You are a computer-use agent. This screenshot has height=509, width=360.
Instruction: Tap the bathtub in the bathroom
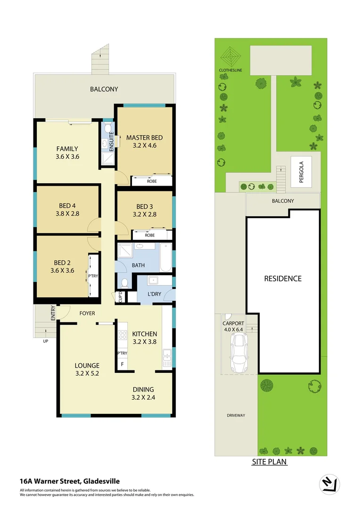click(x=165, y=257)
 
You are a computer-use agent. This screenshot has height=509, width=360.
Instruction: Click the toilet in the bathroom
click(x=125, y=283)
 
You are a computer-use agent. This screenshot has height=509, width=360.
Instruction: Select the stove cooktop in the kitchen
click(x=123, y=336)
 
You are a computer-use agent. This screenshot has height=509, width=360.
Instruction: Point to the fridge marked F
click(x=123, y=364)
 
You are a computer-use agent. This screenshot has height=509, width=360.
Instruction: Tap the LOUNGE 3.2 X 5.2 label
click(x=87, y=369)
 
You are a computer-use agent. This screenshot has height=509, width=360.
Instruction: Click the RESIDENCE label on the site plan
click(x=282, y=279)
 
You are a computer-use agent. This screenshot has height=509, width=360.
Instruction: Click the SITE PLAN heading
click(x=269, y=462)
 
